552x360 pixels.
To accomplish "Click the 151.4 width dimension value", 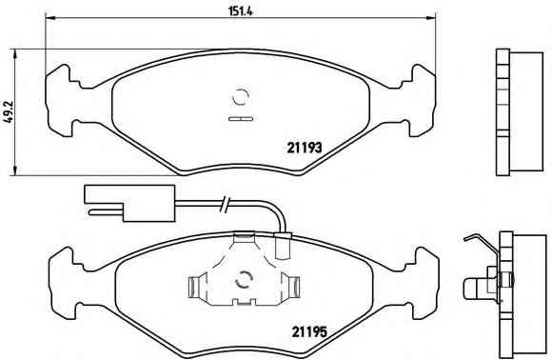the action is (241, 10).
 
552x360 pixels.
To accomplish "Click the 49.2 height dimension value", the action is (10, 111).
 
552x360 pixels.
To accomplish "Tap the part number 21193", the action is (305, 148).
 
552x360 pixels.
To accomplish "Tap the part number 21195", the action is (309, 331).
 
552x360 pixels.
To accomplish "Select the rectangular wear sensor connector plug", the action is (129, 203).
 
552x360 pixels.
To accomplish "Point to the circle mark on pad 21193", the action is (241, 97).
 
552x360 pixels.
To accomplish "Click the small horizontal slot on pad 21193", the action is (241, 119).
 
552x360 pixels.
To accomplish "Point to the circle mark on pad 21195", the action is (244, 280).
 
